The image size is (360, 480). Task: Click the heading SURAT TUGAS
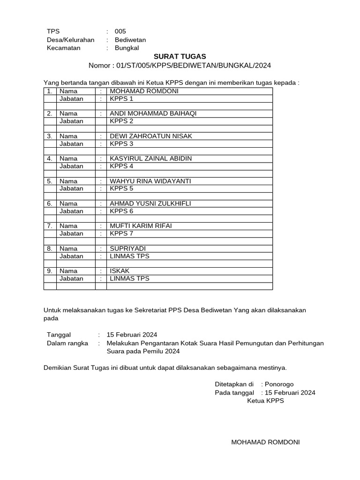[x=180, y=56]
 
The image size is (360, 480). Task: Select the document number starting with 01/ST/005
[x=194, y=65]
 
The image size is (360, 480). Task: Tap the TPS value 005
[x=120, y=31]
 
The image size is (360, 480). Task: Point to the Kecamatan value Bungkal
[x=127, y=48]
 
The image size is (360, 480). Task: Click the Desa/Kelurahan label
[x=70, y=40]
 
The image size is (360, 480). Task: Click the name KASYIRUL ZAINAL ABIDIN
[x=150, y=158]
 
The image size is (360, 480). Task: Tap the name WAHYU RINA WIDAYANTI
[x=150, y=181]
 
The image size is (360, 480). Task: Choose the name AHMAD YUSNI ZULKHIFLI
[x=150, y=203]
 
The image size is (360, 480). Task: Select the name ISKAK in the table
[x=120, y=271]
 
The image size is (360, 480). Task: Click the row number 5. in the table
[x=49, y=181]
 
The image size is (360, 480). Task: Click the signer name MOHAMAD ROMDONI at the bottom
[x=265, y=442]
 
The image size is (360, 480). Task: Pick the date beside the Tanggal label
[x=132, y=335]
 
